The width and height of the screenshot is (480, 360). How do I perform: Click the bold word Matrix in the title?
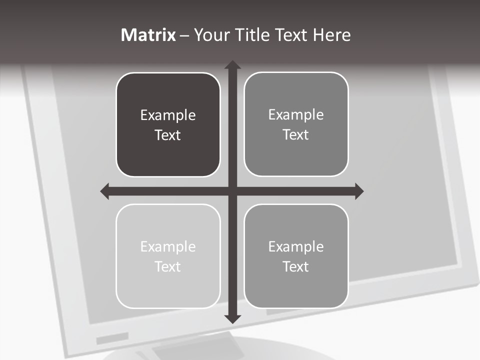click(148, 35)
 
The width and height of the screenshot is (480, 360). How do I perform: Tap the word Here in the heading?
click(332, 35)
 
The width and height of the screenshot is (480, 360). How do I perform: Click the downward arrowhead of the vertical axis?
click(232, 318)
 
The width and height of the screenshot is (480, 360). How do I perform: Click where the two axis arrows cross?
click(232, 191)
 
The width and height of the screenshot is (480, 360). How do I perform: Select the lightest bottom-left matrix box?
click(168, 290)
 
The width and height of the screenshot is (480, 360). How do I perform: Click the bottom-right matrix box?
click(296, 290)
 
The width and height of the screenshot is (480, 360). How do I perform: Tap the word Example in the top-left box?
click(168, 115)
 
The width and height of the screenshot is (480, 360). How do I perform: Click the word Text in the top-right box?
click(296, 135)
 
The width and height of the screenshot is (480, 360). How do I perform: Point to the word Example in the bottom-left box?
click(168, 247)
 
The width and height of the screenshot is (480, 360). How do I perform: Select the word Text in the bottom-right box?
click(296, 266)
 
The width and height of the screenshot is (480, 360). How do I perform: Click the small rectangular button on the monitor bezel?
click(112, 339)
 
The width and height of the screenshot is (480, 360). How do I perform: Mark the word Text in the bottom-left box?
click(168, 266)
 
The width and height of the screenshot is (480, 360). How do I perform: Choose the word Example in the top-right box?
click(296, 115)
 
